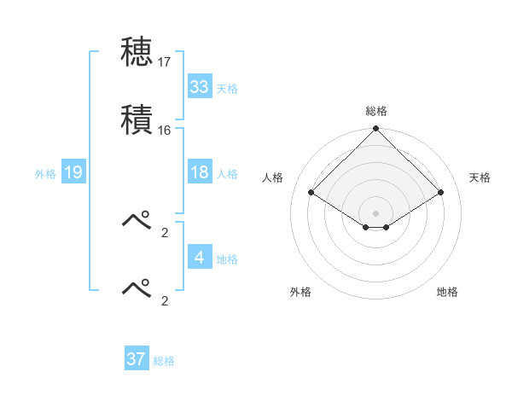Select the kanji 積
(x=137, y=119)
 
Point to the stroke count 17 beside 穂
(x=165, y=62)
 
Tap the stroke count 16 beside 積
(x=165, y=131)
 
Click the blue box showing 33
(x=200, y=87)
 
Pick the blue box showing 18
(x=200, y=172)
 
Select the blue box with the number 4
(x=200, y=258)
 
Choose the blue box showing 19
(x=73, y=173)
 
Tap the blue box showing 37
(x=137, y=359)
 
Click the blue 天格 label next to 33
(x=227, y=88)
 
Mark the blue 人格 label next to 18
(x=227, y=173)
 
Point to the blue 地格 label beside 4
(x=227, y=259)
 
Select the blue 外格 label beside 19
(x=45, y=174)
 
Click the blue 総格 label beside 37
(x=164, y=360)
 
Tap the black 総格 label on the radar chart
(x=376, y=111)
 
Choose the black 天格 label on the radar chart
(x=480, y=177)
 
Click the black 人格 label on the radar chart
(x=273, y=177)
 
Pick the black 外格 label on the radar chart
(x=300, y=292)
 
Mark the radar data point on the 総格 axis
(x=376, y=130)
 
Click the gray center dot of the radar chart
(x=376, y=212)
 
